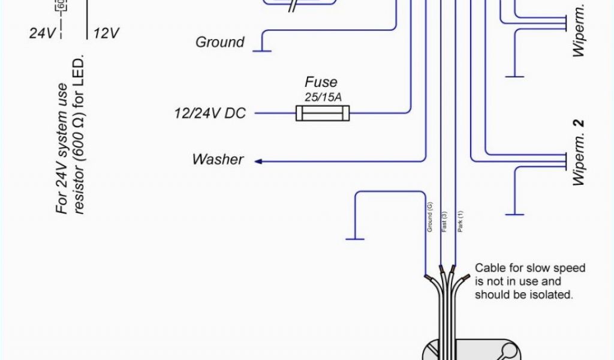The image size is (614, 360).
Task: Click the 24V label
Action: click(41, 33)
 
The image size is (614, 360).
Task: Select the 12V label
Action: click(106, 33)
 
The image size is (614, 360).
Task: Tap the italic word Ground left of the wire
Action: click(220, 43)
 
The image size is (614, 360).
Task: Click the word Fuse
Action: click(321, 82)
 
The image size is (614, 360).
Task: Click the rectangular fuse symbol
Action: click(323, 112)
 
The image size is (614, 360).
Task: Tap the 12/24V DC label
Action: click(210, 113)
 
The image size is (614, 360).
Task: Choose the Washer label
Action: click(218, 160)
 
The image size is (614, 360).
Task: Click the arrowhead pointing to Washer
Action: click(258, 161)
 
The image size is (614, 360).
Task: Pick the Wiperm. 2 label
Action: click(579, 153)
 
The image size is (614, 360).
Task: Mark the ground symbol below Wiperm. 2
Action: click(514, 214)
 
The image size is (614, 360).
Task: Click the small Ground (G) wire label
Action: click(430, 217)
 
